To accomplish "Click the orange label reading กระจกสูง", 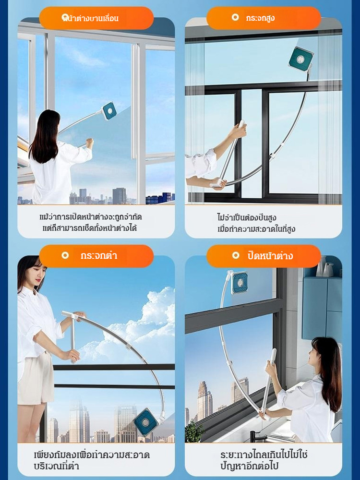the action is pyautogui.click(x=264, y=18).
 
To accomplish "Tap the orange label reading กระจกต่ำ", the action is pyautogui.click(x=96, y=256).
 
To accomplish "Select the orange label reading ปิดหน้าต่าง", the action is pyautogui.click(x=264, y=256).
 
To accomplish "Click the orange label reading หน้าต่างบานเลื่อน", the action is pyautogui.click(x=96, y=18).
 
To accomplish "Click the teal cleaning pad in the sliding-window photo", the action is pyautogui.click(x=108, y=111).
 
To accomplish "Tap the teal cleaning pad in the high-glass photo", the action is pyautogui.click(x=301, y=59).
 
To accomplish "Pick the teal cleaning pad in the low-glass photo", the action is pyautogui.click(x=146, y=422).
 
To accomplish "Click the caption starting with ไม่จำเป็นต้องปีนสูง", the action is pyautogui.click(x=256, y=224).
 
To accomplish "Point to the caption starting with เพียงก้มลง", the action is pyautogui.click(x=92, y=460).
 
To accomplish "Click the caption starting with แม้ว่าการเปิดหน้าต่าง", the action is pyautogui.click(x=91, y=223).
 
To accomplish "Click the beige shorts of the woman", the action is pyautogui.click(x=36, y=378).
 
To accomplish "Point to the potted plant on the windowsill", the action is pyautogui.click(x=194, y=432).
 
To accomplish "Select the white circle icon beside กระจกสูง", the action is pyautogui.click(x=235, y=17).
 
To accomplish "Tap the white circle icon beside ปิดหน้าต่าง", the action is pyautogui.click(x=235, y=255).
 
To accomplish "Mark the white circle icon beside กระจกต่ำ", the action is pyautogui.click(x=65, y=255).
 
